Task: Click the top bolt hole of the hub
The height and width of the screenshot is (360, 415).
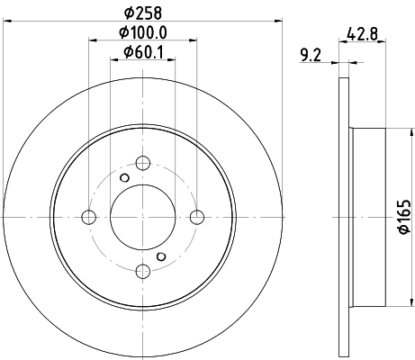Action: coord(142,163)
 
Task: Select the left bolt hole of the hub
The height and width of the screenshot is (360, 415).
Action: coord(88,217)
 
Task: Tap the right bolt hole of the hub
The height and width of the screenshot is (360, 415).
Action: coord(197,217)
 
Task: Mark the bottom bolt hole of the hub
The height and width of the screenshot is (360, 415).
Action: coord(142,271)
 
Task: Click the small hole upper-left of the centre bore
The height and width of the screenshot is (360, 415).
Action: coord(124,177)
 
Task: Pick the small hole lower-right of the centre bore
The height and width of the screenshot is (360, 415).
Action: coord(161,256)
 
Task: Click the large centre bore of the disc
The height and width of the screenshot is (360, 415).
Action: coord(142,217)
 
